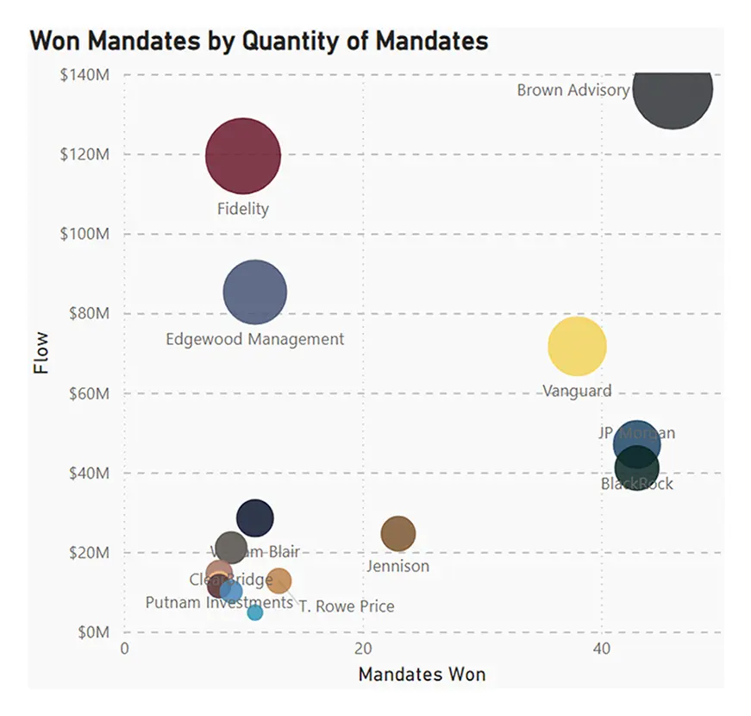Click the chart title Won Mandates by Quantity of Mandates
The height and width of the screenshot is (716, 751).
tap(259, 41)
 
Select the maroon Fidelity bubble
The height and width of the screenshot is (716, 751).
tap(243, 156)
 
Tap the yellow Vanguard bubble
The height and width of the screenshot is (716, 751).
tap(577, 346)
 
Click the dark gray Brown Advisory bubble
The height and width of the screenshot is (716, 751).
tap(673, 89)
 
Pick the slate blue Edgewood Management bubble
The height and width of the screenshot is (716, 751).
tap(254, 292)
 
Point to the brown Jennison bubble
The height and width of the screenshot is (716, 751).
tap(398, 534)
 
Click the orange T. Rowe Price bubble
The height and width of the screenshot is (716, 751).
tap(278, 581)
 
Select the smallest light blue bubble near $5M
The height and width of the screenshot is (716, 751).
tap(255, 612)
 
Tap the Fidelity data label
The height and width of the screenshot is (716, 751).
tap(243, 209)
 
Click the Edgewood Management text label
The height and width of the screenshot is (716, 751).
tap(254, 339)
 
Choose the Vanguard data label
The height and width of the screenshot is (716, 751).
tap(577, 391)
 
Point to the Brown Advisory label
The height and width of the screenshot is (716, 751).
tap(573, 90)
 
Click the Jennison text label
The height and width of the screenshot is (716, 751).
tap(397, 567)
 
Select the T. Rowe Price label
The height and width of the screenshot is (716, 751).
tap(347, 606)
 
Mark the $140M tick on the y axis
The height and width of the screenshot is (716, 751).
tap(84, 75)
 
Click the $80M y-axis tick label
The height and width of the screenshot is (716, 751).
tap(86, 314)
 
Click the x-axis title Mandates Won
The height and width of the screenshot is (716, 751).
tap(422, 674)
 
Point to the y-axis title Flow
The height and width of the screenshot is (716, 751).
tap(41, 353)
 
